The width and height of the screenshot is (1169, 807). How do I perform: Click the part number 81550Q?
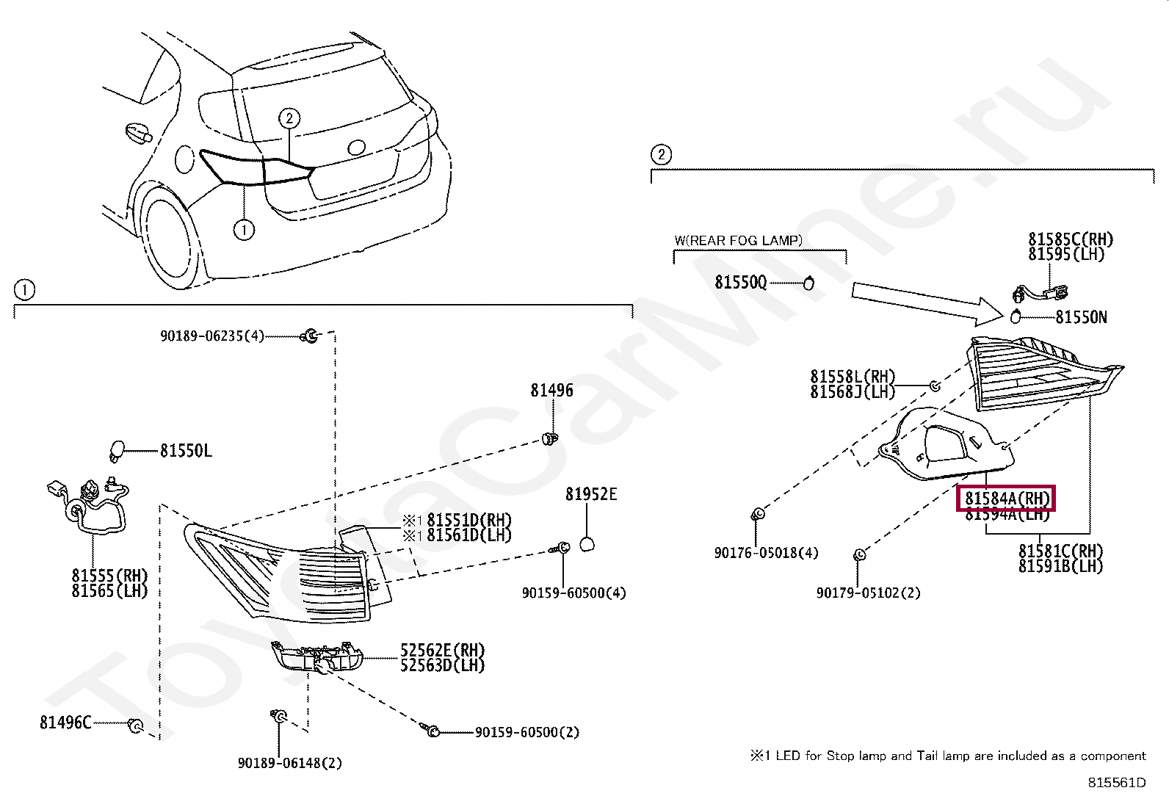tap(740, 283)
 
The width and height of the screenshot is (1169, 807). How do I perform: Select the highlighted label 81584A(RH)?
tap(1007, 499)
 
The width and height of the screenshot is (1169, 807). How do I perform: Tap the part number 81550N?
tap(1081, 317)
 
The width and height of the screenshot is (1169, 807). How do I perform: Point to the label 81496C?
tap(65, 723)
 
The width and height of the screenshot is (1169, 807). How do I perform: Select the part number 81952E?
tap(591, 495)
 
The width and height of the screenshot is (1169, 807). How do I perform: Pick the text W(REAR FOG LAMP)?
tap(738, 240)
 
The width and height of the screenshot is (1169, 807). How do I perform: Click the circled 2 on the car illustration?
tap(289, 118)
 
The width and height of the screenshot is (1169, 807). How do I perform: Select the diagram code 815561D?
tap(1116, 782)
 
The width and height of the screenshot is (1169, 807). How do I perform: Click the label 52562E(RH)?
tap(442, 650)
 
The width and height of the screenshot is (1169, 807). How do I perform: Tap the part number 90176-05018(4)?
tap(766, 552)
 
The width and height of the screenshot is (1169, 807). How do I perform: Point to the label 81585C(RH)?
tap(1070, 239)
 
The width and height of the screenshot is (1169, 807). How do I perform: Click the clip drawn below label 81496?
tap(549, 439)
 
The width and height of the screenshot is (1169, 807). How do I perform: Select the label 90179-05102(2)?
tap(868, 593)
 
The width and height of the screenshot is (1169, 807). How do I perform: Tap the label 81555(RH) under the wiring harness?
tap(109, 575)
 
